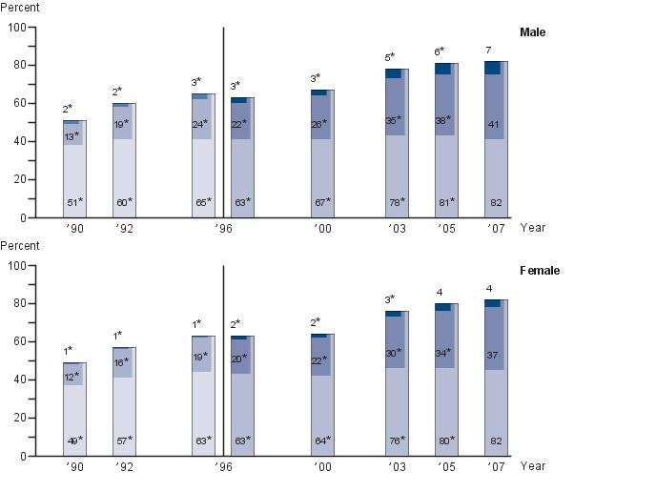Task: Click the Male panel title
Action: point(532,32)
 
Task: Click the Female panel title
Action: point(539,271)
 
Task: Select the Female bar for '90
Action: point(74,410)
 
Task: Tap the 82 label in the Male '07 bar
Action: point(496,202)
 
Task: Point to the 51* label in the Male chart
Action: point(74,202)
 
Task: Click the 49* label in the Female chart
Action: point(74,441)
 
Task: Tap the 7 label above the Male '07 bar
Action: point(489,50)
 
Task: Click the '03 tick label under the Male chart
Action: point(396,229)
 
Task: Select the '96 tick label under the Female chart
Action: point(222,467)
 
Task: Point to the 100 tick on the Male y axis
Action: point(16,28)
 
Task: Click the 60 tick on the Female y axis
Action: point(19,342)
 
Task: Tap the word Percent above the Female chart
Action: point(19,246)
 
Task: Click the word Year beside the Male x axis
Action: point(534,228)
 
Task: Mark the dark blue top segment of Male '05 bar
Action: point(442,69)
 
